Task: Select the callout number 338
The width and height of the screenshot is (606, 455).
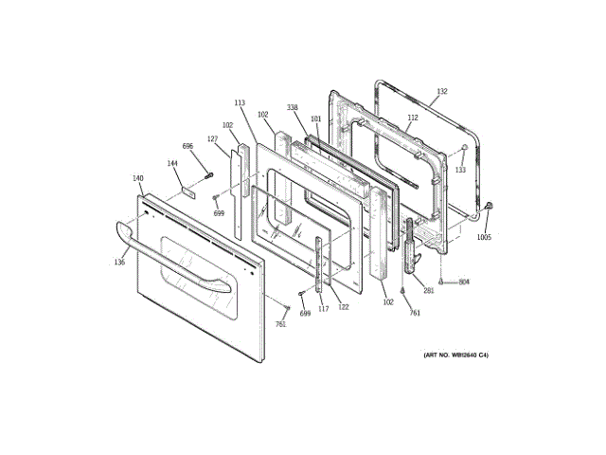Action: click(x=294, y=109)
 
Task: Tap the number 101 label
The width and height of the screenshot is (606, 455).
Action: click(x=316, y=118)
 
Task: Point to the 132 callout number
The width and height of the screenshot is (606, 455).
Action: click(x=441, y=92)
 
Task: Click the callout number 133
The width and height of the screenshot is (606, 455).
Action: click(x=460, y=170)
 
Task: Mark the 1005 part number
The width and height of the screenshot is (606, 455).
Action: click(x=484, y=238)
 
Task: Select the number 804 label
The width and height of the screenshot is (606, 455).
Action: click(x=464, y=282)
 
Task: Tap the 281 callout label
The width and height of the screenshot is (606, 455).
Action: click(x=428, y=290)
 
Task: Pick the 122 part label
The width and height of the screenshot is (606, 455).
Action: click(x=344, y=306)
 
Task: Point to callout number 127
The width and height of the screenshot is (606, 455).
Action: click(x=213, y=140)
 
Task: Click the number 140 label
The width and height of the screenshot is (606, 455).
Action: click(x=138, y=177)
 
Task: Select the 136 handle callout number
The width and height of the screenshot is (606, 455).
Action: click(x=119, y=262)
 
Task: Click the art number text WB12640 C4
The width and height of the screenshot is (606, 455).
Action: click(x=454, y=355)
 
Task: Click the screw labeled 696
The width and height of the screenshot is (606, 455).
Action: click(x=209, y=173)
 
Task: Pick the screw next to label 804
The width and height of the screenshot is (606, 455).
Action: click(x=443, y=282)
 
